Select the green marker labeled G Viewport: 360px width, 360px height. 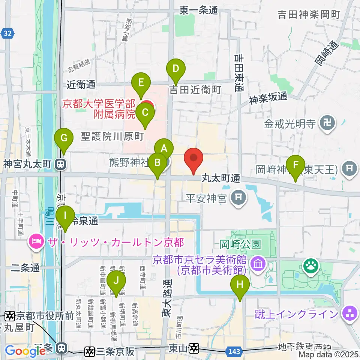pyautogui.click(x=64, y=138)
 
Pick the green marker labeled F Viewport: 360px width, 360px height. pyautogui.click(x=295, y=165)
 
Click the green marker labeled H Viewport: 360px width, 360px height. pyautogui.click(x=240, y=285)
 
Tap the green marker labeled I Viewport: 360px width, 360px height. pyautogui.click(x=65, y=216)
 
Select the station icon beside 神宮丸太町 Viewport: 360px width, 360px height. pyautogui.click(x=59, y=164)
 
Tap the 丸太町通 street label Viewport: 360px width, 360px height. pyautogui.click(x=221, y=178)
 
